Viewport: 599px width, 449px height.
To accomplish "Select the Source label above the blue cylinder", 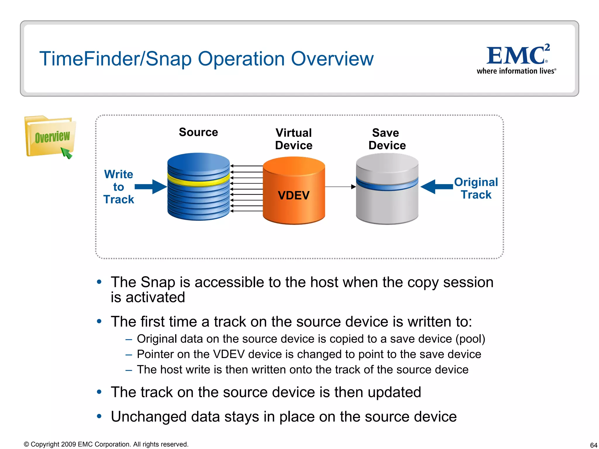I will coord(198,132).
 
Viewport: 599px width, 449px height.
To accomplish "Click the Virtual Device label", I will coord(294,139).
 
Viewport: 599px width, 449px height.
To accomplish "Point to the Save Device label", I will coord(387,139).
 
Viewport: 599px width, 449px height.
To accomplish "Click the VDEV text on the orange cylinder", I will coord(294,195).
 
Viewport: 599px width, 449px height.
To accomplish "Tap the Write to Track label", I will coord(118,187).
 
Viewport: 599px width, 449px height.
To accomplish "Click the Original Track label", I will coord(476,188).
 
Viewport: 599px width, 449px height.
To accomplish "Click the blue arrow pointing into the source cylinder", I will coord(150,187).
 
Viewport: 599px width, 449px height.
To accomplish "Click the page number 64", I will coord(593,445).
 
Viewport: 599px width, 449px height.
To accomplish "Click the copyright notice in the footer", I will coord(106,444).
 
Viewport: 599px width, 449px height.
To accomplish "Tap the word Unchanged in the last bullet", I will coord(149,417).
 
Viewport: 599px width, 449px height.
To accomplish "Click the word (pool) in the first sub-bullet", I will coord(470,339).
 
